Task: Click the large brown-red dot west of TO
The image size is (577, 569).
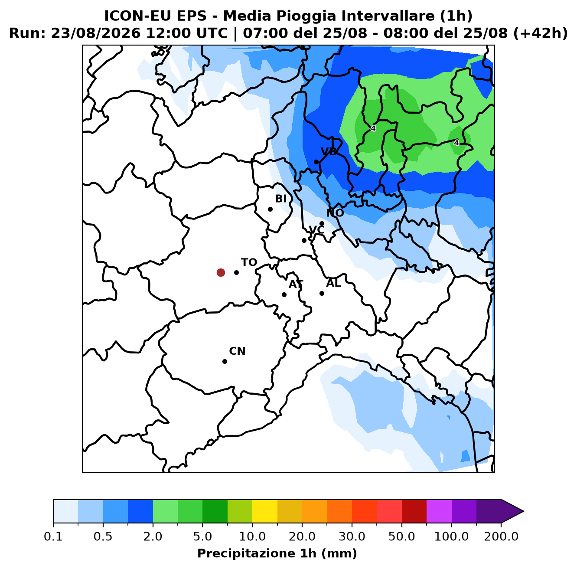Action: pos(221,272)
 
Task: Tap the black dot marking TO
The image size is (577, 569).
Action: pos(236,272)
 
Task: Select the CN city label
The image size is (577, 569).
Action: pos(237,351)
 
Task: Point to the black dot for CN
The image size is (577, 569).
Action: pos(225,361)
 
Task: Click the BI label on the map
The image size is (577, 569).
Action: pos(280,199)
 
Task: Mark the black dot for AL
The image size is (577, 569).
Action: pos(322,293)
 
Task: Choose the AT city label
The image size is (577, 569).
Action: pos(296,284)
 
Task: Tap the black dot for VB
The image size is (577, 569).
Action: pos(316,162)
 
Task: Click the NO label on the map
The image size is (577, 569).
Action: pos(335,213)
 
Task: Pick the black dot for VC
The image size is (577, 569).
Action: pos(304,240)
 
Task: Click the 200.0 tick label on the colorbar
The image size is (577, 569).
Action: pos(501,536)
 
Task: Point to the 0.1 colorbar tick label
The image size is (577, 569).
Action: pos(53,536)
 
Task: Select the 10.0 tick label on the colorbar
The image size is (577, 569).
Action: pos(252,536)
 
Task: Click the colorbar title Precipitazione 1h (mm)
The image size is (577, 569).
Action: pos(277,553)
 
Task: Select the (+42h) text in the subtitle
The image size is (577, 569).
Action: pos(540,33)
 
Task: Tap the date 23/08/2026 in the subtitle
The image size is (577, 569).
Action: pos(95,33)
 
